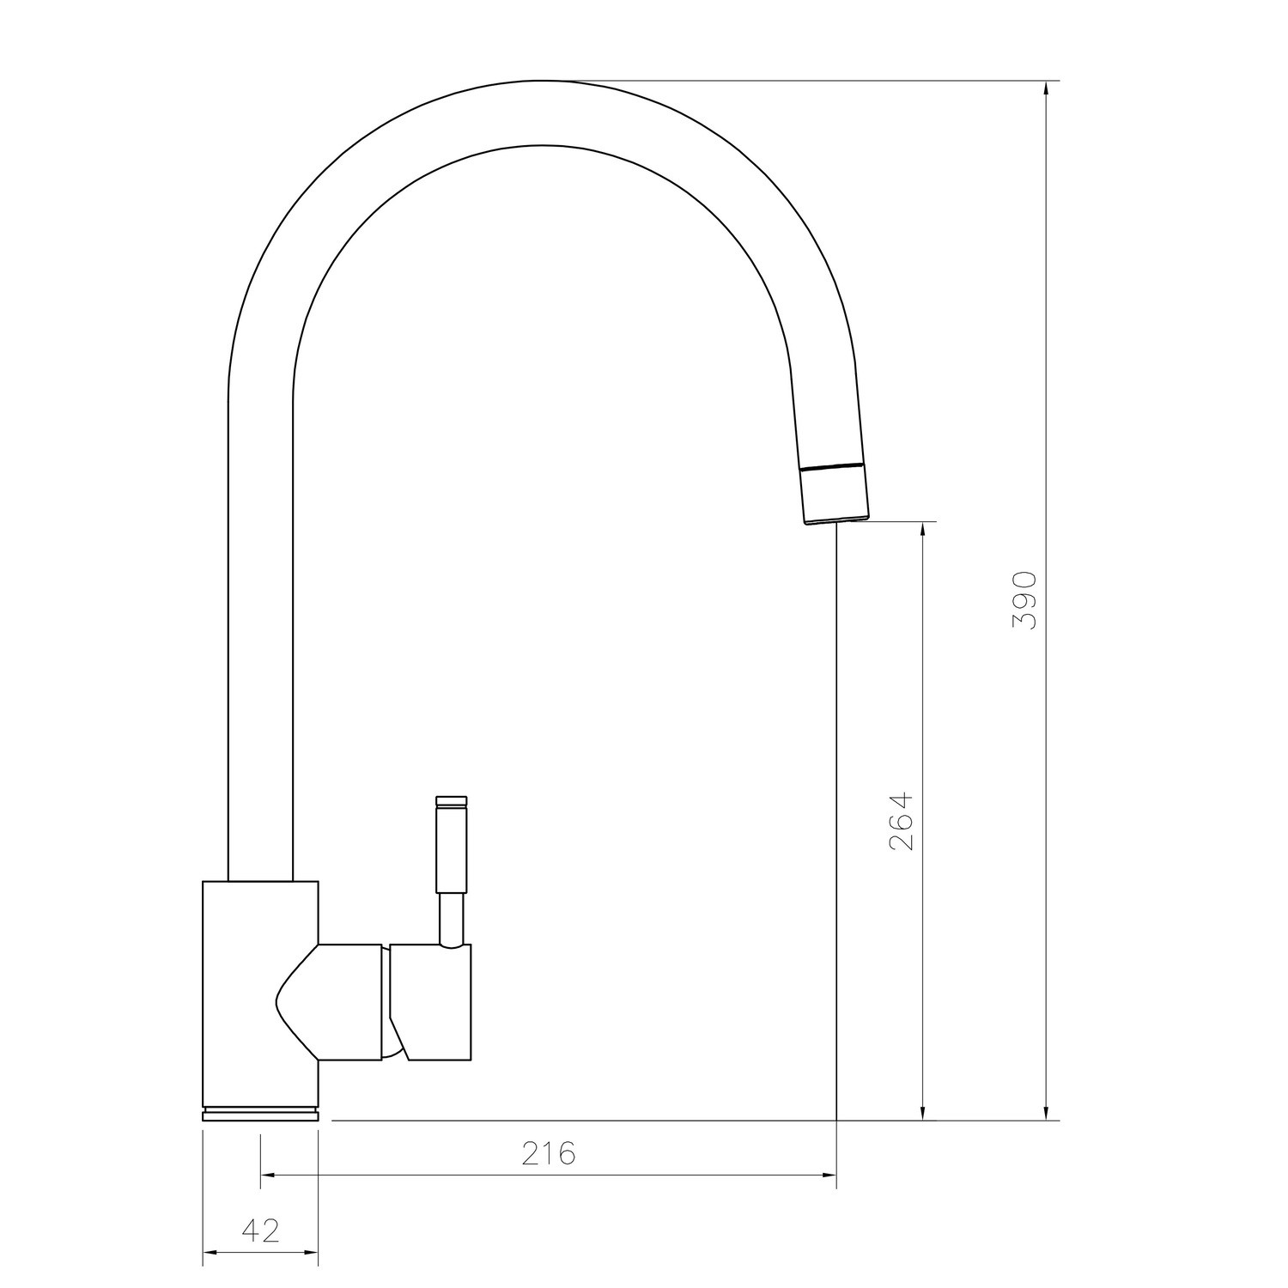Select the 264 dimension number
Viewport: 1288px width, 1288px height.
point(902,821)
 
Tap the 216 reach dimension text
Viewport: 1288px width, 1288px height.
point(548,1153)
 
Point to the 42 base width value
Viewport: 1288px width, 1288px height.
point(261,1230)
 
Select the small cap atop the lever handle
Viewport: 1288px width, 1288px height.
point(452,801)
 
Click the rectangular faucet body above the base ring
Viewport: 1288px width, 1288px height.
point(259,987)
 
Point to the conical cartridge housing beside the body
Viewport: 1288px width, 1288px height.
point(335,1001)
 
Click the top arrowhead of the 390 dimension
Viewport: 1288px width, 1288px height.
point(1046,89)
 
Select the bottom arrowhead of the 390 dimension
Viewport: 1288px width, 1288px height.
point(1046,1112)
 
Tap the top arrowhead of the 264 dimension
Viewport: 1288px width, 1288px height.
point(922,530)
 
